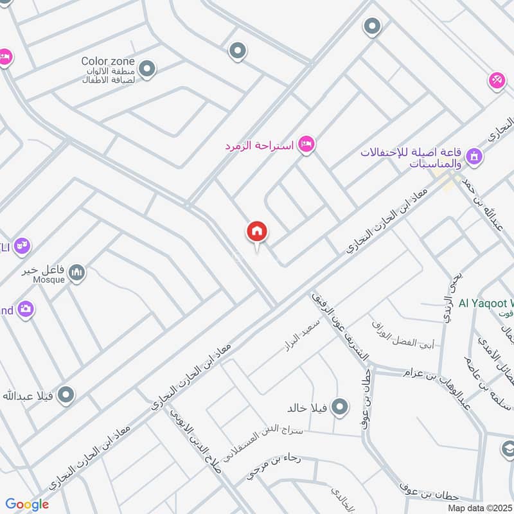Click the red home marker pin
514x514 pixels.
click(257, 232)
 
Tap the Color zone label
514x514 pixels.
click(108, 61)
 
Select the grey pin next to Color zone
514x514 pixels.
click(147, 69)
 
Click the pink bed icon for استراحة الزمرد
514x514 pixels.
click(307, 145)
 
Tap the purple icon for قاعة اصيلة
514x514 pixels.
click(474, 156)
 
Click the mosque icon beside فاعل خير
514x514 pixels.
click(77, 273)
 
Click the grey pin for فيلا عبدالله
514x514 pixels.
click(65, 395)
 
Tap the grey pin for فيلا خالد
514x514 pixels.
click(340, 407)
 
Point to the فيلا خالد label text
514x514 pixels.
click(308, 408)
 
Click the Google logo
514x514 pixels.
click(27, 504)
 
